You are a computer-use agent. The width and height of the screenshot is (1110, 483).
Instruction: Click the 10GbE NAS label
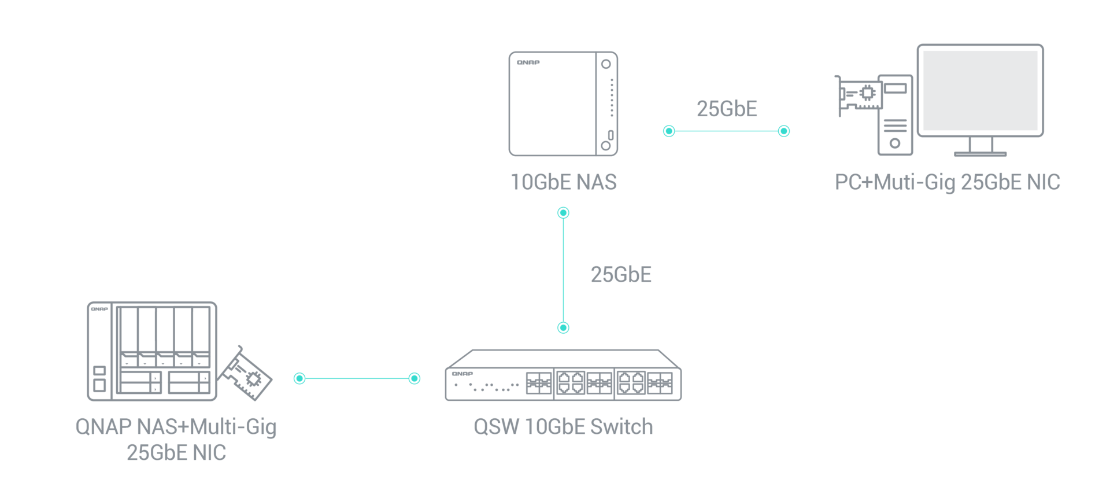click(x=563, y=182)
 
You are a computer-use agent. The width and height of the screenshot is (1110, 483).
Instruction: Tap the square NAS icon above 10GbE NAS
click(x=563, y=104)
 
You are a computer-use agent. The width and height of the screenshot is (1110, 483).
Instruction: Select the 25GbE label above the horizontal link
click(x=727, y=109)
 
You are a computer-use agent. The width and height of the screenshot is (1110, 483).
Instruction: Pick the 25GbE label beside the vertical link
click(x=621, y=275)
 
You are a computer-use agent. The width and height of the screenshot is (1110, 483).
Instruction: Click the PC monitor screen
click(x=980, y=90)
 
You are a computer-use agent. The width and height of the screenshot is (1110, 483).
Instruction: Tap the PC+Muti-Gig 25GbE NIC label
click(x=948, y=182)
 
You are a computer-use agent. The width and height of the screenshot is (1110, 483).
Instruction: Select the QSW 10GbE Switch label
click(x=563, y=427)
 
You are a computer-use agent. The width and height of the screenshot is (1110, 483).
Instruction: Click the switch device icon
click(x=563, y=376)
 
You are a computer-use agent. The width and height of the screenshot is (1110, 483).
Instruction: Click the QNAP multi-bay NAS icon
click(x=152, y=351)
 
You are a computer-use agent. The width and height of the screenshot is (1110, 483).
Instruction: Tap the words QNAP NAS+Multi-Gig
click(x=176, y=427)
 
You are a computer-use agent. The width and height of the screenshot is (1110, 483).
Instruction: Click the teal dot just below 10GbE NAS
click(x=563, y=213)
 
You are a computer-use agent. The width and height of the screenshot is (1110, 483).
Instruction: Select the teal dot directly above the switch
click(x=563, y=328)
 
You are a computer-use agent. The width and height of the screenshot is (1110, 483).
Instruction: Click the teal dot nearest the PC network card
click(x=783, y=131)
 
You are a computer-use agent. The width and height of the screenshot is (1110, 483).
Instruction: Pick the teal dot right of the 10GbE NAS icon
click(x=669, y=131)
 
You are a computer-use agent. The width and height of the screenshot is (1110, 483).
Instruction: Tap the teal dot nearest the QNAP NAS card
click(x=299, y=378)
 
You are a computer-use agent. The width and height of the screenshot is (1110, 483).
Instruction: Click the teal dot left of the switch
click(x=415, y=378)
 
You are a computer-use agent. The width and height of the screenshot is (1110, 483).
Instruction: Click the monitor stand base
click(x=980, y=154)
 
